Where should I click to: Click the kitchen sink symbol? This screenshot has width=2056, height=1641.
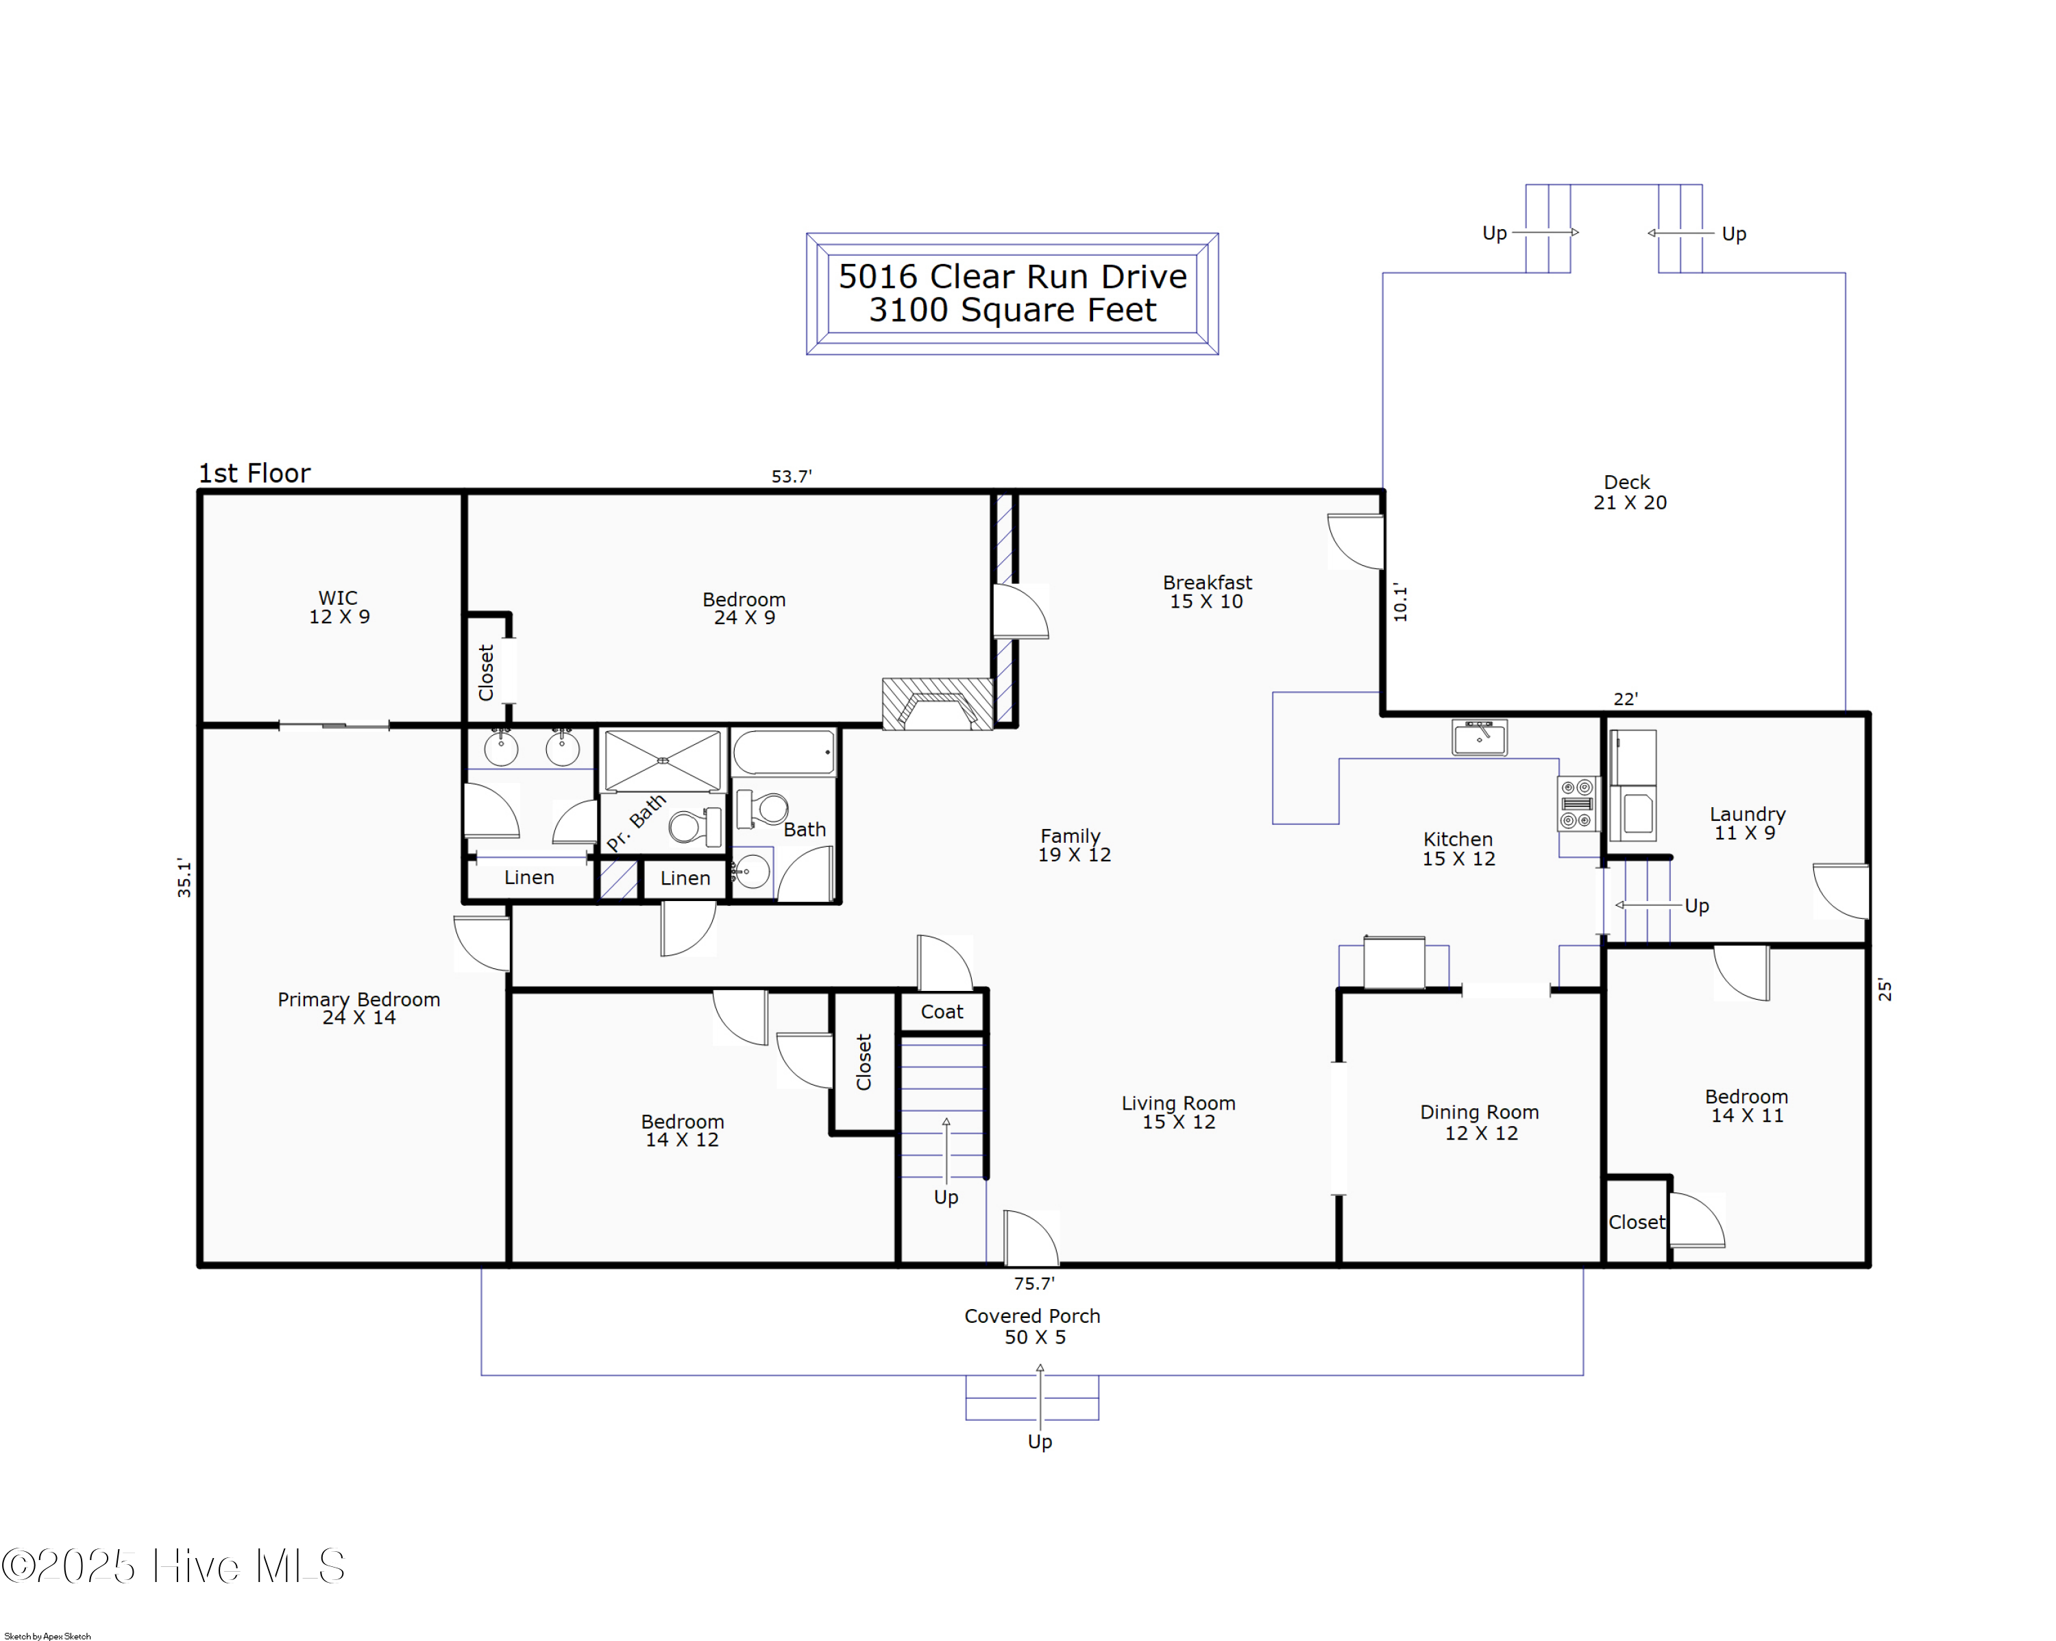tap(1479, 736)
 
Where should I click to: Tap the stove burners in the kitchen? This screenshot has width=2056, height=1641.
tap(1577, 803)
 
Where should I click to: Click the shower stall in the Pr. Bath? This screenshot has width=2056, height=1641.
tap(663, 760)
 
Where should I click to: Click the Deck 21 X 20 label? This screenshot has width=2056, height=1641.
tap(1630, 492)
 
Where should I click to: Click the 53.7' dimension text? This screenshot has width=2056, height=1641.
tap(792, 476)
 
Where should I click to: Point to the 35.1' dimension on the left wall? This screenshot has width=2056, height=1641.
tap(184, 878)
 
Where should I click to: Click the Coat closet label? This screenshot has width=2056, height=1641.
tap(941, 1011)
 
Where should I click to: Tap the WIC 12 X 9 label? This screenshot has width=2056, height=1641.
tap(339, 607)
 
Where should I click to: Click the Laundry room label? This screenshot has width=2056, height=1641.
tap(1747, 822)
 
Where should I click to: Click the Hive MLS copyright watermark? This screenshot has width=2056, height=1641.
tap(173, 1566)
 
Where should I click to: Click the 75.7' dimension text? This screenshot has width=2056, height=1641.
tap(1033, 1283)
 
